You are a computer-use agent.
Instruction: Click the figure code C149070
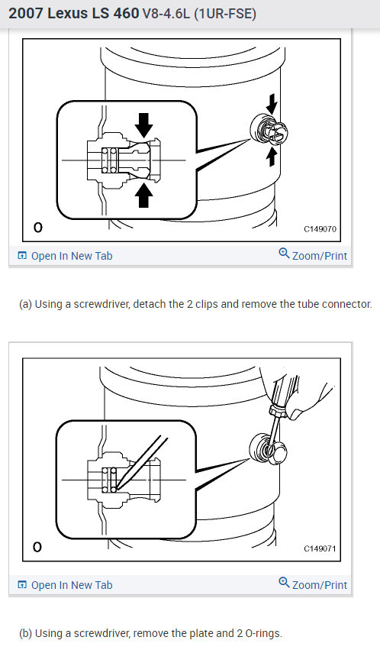pyautogui.click(x=320, y=228)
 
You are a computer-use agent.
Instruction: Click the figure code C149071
pyautogui.click(x=320, y=548)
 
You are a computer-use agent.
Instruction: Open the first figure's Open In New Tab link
pyautogui.click(x=71, y=256)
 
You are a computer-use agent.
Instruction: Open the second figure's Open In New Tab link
pyautogui.click(x=71, y=585)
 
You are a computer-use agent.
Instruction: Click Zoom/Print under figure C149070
pyautogui.click(x=319, y=256)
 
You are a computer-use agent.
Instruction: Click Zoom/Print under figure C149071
pyautogui.click(x=319, y=585)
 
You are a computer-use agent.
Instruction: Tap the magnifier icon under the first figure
pyautogui.click(x=284, y=255)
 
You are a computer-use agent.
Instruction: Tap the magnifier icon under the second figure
pyautogui.click(x=284, y=584)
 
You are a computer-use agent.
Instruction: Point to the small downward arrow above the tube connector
pyautogui.click(x=272, y=104)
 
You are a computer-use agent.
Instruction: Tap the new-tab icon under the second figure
pyautogui.click(x=22, y=585)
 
